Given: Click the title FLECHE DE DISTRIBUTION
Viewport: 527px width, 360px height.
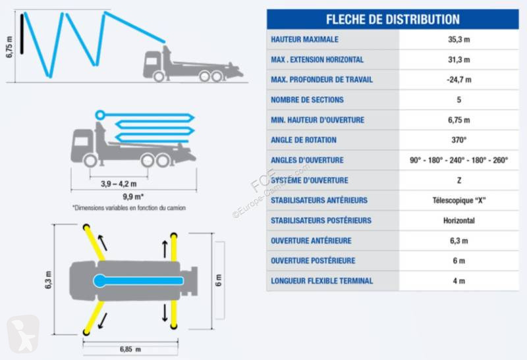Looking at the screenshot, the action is pos(393,19).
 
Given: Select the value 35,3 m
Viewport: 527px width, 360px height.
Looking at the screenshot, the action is pos(458,39).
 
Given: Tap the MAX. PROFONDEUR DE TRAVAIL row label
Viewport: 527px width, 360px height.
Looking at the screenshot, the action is pos(321,80).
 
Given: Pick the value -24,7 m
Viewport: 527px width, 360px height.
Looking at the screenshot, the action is pos(458,80).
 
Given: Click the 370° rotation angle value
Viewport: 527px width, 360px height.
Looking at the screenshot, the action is pos(458,140).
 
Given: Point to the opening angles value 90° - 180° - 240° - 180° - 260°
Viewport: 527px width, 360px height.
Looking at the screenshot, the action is pos(458,160).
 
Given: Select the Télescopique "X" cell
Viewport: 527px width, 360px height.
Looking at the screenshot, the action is pos(458,201).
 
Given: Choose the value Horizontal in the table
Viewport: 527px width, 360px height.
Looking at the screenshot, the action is pos(458,220).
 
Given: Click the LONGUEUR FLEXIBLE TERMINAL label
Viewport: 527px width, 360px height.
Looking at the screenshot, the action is pos(322,281).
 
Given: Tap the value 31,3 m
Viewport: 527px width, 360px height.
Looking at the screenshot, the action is pos(458,59).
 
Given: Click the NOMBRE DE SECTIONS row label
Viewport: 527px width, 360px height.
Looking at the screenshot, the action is pos(307,100).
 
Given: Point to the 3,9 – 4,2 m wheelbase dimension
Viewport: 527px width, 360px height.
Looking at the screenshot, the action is pos(119,184).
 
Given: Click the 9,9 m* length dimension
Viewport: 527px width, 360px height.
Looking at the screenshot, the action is pos(133,197).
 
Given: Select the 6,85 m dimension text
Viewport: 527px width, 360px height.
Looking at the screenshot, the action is pos(130,349).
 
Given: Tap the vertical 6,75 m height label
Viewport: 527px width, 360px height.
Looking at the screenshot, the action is pos(9,47).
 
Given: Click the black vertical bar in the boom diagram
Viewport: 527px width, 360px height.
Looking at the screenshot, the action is pos(22,34).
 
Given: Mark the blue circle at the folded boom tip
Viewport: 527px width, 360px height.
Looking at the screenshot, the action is pos(100,115).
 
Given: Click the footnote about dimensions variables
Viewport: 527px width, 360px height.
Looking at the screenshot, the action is pos(129,208).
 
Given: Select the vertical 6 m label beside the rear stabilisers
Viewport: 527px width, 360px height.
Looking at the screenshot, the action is pos(219,280).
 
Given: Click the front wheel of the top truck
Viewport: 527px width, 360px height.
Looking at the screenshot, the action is pos(159,76).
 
